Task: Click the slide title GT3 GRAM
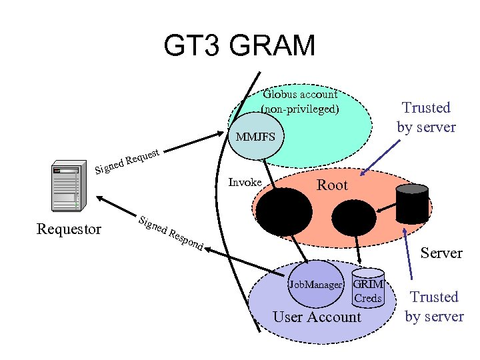(x=239, y=47)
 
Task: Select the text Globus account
(x=300, y=94)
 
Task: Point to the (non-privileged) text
(x=300, y=108)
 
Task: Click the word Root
(x=331, y=185)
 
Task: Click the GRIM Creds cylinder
(x=368, y=288)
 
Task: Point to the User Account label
(x=316, y=317)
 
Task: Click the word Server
(x=441, y=253)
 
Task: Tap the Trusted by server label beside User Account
(x=434, y=307)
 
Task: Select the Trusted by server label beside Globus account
(x=426, y=117)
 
